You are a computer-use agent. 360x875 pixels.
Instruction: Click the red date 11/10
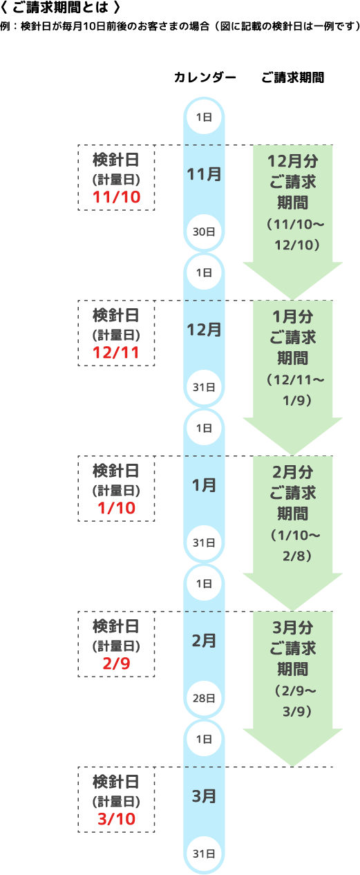point(116,197)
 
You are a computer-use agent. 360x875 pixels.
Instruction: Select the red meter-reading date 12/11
point(116,352)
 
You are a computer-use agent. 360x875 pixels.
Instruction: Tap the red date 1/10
point(116,508)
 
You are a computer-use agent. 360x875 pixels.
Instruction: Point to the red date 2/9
point(116,664)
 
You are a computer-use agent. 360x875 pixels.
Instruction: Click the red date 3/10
point(116,819)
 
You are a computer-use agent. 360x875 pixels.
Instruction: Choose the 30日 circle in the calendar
point(204,232)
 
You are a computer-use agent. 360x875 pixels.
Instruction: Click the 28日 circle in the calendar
point(204,698)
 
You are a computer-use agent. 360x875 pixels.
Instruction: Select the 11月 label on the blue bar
point(204,174)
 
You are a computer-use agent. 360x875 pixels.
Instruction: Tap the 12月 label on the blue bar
point(204,330)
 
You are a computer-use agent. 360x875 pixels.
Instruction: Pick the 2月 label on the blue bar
point(204,641)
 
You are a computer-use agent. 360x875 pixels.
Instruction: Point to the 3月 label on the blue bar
point(204,796)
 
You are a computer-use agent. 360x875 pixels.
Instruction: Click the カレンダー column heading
point(205,77)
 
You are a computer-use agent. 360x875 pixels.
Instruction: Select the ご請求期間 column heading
point(292,77)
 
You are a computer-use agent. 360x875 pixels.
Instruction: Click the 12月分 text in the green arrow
point(293,161)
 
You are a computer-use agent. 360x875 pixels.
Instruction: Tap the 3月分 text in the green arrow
point(293,628)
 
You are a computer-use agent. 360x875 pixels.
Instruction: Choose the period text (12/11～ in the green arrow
point(295,379)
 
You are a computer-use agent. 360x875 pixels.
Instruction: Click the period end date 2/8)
point(297,556)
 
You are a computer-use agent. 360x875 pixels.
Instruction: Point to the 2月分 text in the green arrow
point(293,472)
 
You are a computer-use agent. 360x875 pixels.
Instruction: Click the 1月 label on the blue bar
point(204,485)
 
